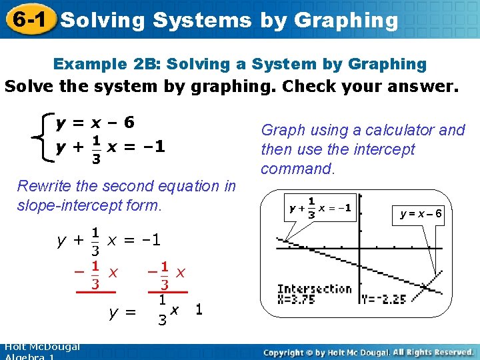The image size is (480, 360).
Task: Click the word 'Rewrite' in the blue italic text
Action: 45,186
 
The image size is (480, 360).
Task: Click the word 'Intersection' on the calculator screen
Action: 315,289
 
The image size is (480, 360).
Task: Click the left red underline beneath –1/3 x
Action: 96,292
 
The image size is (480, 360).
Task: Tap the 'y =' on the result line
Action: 121,311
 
